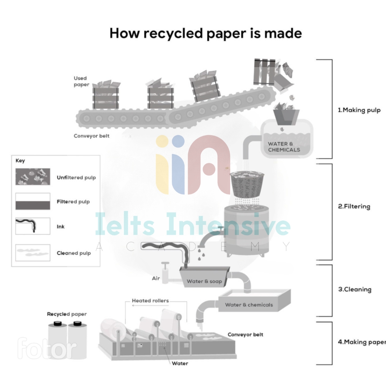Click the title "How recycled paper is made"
pyautogui.click(x=206, y=33)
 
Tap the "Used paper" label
pyautogui.click(x=81, y=81)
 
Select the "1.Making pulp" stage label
pyautogui.click(x=359, y=110)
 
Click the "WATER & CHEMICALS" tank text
pyautogui.click(x=284, y=147)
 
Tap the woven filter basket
pyautogui.click(x=247, y=184)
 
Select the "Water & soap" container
pyautogui.click(x=204, y=279)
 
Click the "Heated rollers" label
pyautogui.click(x=150, y=301)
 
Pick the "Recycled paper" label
pyautogui.click(x=67, y=314)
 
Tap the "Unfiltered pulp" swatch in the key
pyautogui.click(x=33, y=177)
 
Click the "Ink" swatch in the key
pyautogui.click(x=33, y=226)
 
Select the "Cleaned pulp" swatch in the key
pyautogui.click(x=33, y=253)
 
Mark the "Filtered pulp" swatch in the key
pyautogui.click(x=33, y=201)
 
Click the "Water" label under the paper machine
pyautogui.click(x=180, y=363)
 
